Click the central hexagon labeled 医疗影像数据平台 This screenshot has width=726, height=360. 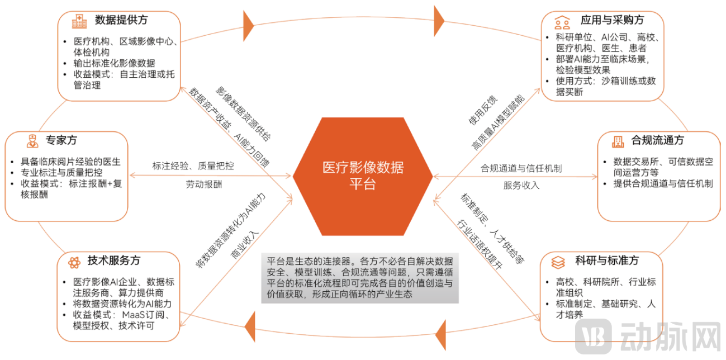click(x=363, y=176)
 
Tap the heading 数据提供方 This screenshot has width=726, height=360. click(x=121, y=20)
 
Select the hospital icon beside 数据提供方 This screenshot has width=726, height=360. click(x=79, y=21)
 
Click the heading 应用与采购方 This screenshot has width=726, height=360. click(x=612, y=20)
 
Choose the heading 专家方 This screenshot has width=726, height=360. click(x=61, y=140)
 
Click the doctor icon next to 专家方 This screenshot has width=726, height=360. click(x=32, y=141)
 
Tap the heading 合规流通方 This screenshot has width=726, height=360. click(x=658, y=140)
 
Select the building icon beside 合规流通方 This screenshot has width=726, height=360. click(x=618, y=141)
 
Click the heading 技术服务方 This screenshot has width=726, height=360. click(x=114, y=260)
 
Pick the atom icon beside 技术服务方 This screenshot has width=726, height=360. click(x=74, y=262)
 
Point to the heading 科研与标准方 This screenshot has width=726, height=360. click(x=607, y=260)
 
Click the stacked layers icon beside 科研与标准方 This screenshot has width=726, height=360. click(x=558, y=262)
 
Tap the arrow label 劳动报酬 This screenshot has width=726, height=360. click(x=204, y=184)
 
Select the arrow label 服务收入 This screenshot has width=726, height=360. click(x=521, y=186)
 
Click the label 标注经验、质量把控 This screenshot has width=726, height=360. click(x=193, y=166)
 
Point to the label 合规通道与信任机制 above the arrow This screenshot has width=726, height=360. click(x=521, y=168)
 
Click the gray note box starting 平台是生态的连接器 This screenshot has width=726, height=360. click(x=360, y=278)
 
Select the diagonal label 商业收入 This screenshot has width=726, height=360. click(x=245, y=245)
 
